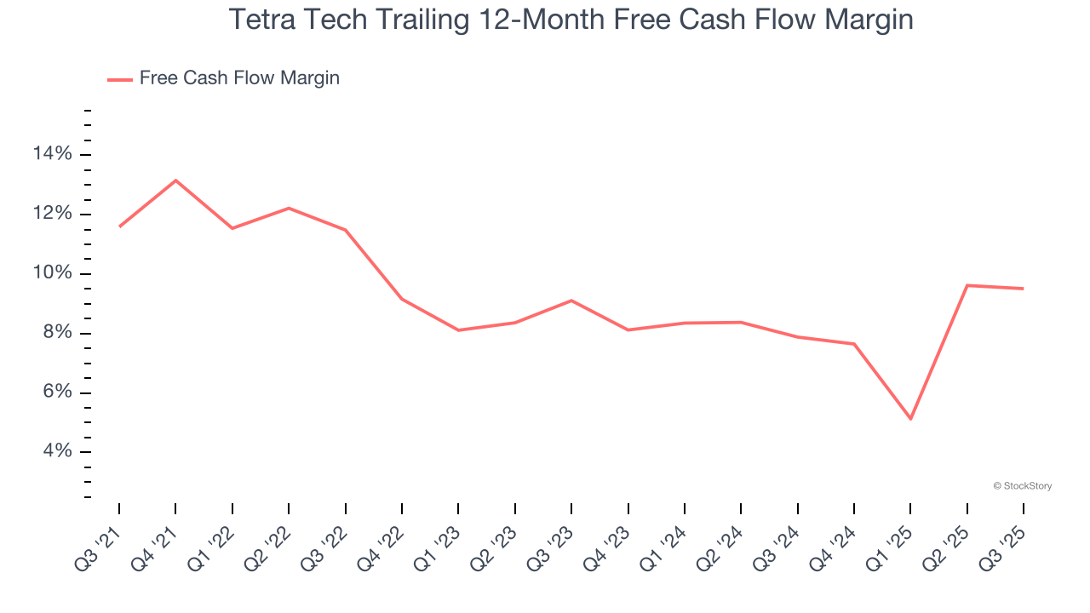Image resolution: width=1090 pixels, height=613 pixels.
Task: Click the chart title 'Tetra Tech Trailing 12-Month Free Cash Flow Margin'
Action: click(571, 20)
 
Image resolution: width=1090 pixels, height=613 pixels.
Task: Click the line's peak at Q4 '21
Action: click(175, 180)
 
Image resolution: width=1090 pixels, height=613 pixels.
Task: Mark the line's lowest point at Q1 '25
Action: click(910, 419)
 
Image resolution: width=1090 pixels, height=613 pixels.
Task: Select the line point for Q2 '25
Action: click(967, 285)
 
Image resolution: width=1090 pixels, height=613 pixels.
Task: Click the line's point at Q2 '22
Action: click(289, 208)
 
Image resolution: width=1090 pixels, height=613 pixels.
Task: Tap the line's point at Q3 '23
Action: click(571, 300)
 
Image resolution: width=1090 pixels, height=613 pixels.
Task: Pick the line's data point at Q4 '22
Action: click(402, 299)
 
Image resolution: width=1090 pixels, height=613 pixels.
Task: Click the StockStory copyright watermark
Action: click(1022, 486)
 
